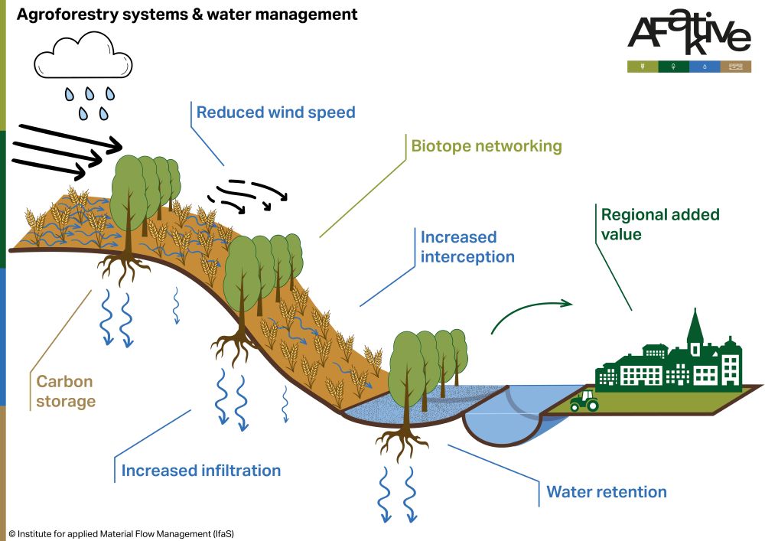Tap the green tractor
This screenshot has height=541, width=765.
point(584,400)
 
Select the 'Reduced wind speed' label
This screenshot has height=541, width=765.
point(275,112)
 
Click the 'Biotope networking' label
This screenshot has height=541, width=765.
point(486,145)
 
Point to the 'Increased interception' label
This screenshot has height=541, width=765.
point(467,246)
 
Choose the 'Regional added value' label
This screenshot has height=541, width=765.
point(659,224)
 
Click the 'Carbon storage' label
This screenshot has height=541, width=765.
point(66,391)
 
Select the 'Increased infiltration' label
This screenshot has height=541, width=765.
point(201,470)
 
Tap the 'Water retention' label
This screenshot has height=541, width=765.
point(606,491)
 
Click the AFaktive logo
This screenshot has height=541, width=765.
point(689,34)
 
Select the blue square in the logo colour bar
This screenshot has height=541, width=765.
point(704,67)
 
